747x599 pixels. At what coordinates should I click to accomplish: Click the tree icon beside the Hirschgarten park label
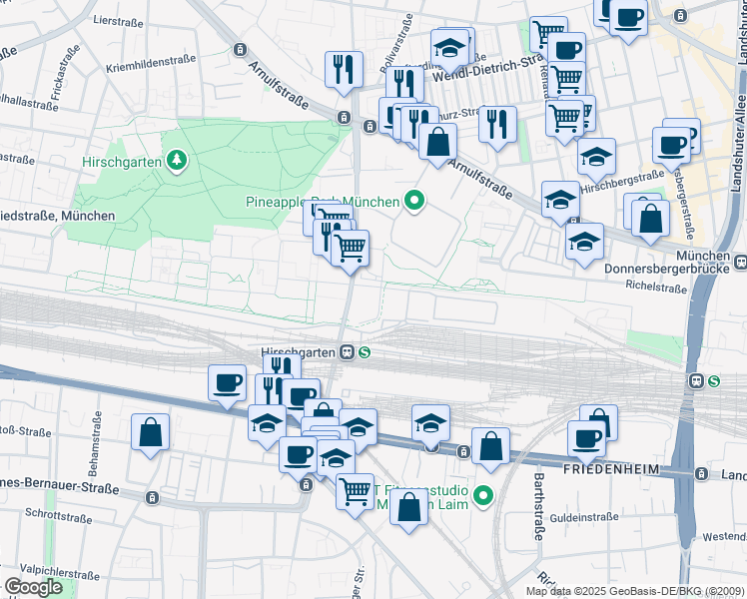177,159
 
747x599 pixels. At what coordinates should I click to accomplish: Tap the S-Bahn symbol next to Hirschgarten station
366,351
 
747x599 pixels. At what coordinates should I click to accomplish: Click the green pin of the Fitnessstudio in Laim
483,494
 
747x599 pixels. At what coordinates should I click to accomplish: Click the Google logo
33,587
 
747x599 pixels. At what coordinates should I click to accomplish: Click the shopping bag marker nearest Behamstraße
150,433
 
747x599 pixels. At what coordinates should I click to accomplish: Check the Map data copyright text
635,591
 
